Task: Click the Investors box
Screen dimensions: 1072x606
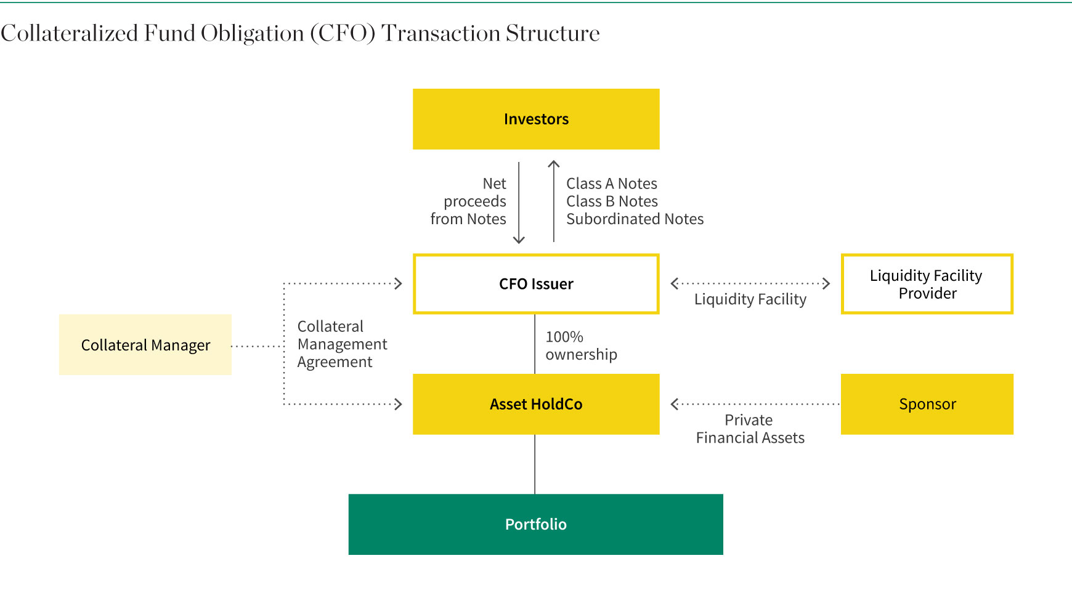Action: coord(536,119)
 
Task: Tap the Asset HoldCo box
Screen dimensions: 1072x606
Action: coord(536,404)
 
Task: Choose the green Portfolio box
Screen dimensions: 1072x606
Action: coord(536,524)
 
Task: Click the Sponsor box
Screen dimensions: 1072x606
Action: coord(927,404)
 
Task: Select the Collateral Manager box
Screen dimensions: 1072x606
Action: coord(145,344)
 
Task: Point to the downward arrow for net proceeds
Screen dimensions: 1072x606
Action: coord(519,203)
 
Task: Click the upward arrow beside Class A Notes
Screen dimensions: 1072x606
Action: coord(554,201)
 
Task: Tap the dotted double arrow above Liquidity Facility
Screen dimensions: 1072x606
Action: coord(750,283)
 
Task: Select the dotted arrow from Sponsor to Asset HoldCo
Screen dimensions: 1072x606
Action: coord(755,404)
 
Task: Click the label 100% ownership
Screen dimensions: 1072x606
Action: coord(581,345)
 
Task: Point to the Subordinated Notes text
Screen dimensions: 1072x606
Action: coord(635,219)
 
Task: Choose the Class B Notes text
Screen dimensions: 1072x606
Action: coord(612,201)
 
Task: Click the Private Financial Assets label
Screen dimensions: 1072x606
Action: coord(750,429)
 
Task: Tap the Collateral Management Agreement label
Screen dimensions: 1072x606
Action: coord(342,344)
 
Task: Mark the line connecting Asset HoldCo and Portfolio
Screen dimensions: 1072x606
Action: coord(535,464)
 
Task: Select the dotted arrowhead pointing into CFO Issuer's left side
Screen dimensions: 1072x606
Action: coord(398,283)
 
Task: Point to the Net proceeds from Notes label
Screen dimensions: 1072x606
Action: coord(468,201)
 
